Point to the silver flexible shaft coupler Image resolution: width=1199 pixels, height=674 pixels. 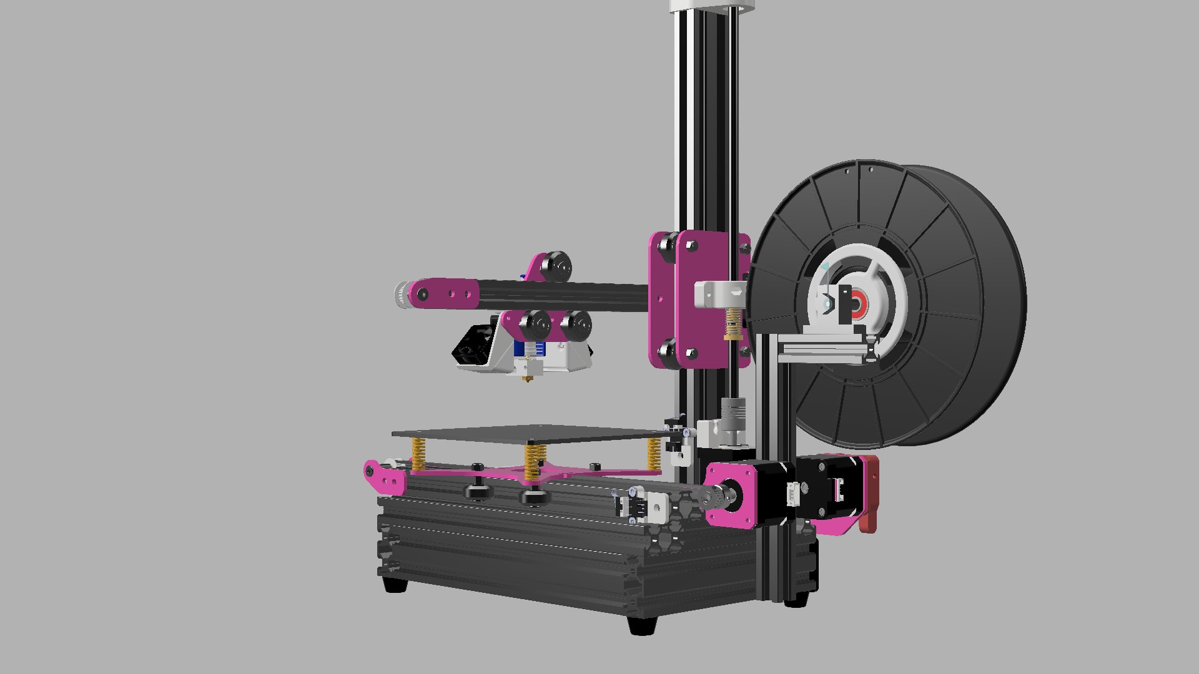(x=731, y=413)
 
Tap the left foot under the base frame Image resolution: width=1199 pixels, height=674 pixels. (x=395, y=585)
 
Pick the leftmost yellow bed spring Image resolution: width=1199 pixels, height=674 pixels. (x=418, y=454)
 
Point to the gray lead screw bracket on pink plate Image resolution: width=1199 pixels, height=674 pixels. (x=718, y=293)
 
